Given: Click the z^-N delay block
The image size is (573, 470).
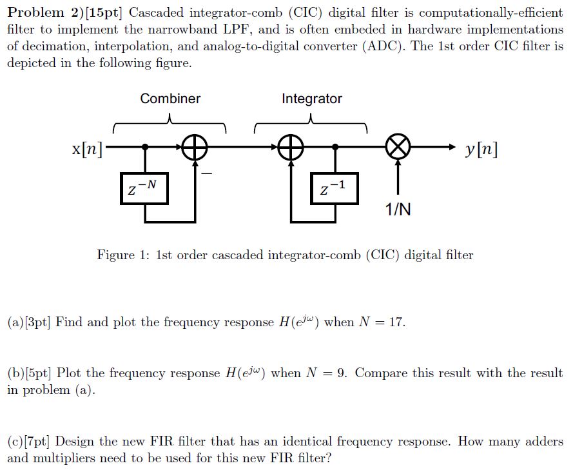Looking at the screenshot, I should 144,188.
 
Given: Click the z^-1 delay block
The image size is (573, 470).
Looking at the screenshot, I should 334,188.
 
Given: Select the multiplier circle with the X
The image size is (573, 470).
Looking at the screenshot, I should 398,148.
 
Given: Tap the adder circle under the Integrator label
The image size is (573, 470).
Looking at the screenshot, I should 291,148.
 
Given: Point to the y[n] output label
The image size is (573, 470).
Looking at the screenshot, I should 480,150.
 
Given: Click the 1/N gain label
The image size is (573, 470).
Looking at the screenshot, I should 398,210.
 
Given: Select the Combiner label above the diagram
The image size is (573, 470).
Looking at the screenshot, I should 170,99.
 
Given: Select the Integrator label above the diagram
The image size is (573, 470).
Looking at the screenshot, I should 311,99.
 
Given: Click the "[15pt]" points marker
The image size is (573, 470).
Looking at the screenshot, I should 109,14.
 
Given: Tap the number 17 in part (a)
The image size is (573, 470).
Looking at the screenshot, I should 396,322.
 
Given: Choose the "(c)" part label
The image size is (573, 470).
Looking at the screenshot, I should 15,442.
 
